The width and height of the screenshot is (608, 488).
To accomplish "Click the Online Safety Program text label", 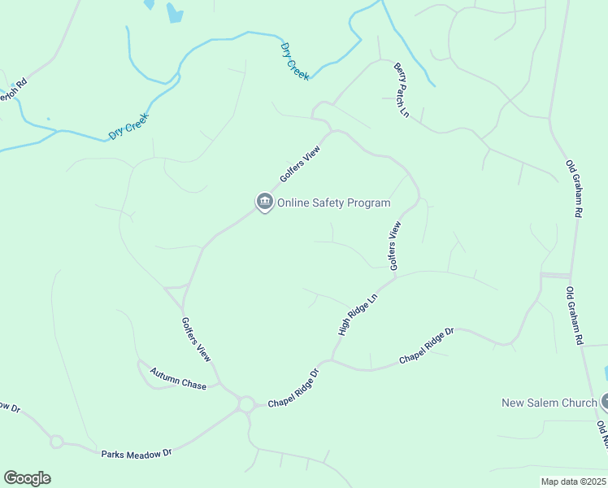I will click(x=334, y=203).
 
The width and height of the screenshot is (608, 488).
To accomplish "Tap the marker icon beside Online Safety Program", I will click(x=264, y=202).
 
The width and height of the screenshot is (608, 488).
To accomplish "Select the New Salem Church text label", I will click(x=549, y=403).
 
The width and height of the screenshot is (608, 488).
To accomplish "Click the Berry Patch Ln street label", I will click(x=402, y=89).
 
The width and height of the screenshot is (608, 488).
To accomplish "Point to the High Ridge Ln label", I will click(x=358, y=315).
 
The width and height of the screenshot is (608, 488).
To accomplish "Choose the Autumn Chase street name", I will click(x=178, y=379).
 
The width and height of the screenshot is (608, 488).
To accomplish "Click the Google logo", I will click(x=27, y=478).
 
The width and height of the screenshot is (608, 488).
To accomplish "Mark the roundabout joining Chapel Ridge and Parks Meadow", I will click(x=245, y=403).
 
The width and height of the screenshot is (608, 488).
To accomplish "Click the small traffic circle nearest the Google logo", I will click(x=56, y=442).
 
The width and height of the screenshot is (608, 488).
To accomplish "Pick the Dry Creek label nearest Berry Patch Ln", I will click(x=294, y=60).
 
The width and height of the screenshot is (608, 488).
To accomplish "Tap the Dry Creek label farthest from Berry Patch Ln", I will click(x=129, y=126).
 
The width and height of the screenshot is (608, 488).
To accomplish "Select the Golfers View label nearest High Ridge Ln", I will click(x=395, y=246).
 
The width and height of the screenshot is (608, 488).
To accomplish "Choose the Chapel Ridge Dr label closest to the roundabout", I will click(x=293, y=388).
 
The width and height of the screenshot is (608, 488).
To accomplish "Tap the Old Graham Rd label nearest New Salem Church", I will click(x=575, y=316).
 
